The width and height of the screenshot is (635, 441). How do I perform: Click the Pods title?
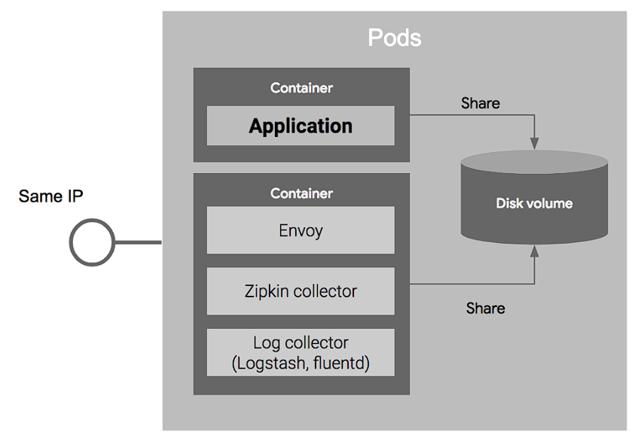click(x=394, y=38)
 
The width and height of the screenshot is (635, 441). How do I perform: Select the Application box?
click(x=301, y=126)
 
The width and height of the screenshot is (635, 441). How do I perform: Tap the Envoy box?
click(x=301, y=230)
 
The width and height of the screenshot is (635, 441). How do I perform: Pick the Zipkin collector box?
click(x=301, y=291)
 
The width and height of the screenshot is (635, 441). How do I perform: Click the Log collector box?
click(x=301, y=353)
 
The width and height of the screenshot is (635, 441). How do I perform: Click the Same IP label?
click(x=51, y=196)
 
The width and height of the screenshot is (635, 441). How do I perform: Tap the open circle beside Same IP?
click(x=92, y=242)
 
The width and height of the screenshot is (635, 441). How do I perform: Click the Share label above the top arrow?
click(x=480, y=103)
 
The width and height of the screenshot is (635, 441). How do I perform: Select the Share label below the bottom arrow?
click(x=485, y=309)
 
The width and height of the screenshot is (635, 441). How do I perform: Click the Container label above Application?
click(x=301, y=88)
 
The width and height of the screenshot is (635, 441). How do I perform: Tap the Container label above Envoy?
click(x=301, y=193)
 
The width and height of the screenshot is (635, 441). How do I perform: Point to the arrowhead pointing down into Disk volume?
click(x=534, y=142)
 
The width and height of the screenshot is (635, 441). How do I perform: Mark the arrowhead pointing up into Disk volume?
click(x=534, y=252)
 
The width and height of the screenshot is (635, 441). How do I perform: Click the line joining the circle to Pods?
click(x=138, y=242)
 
